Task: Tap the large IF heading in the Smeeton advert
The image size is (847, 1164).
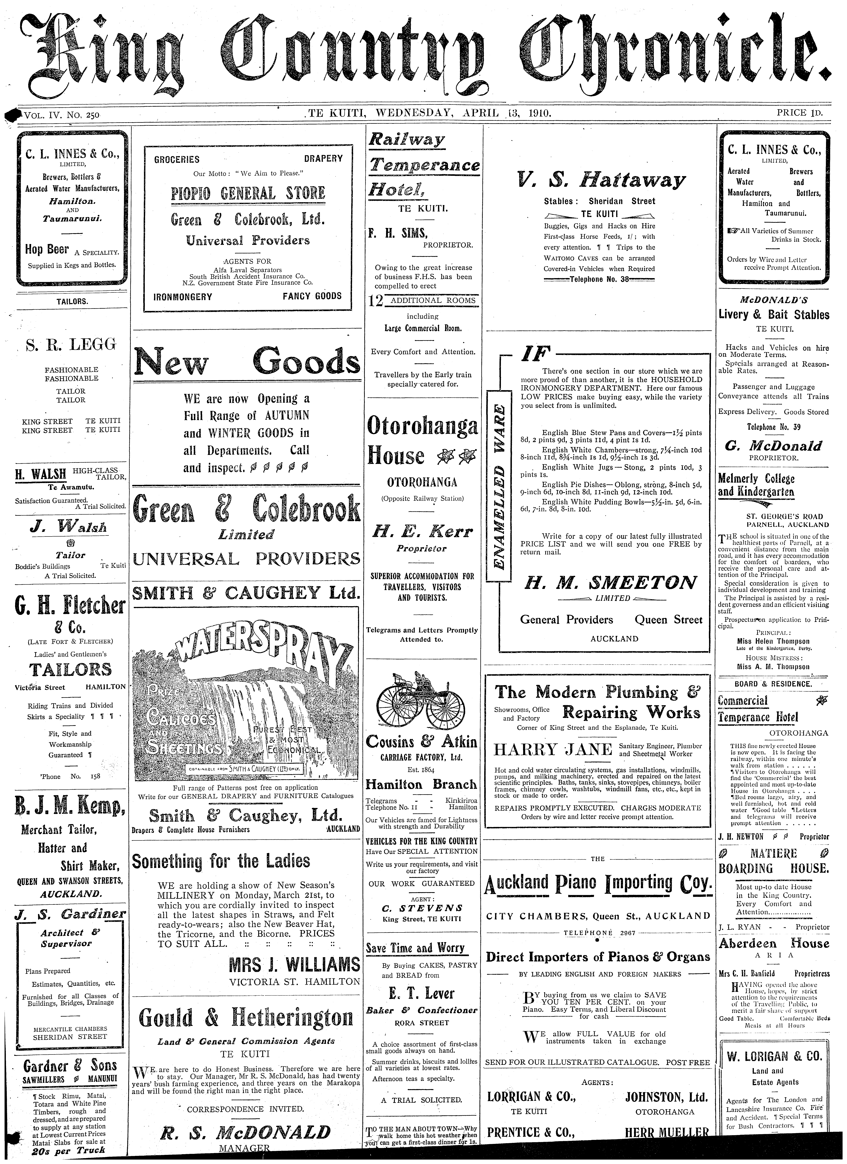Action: [535, 354]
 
